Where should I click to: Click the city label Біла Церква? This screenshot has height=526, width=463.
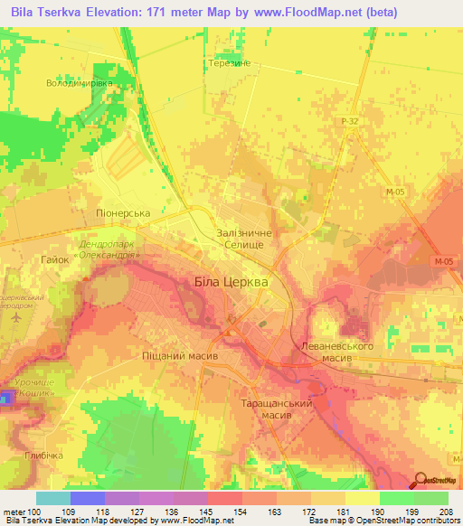[231, 282]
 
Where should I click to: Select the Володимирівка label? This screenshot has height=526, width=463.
[80, 83]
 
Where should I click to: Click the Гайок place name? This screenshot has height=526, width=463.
[55, 258]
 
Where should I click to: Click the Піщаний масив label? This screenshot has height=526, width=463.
[180, 356]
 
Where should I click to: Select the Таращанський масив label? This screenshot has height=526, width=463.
[276, 409]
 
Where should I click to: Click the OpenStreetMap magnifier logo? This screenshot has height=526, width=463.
[421, 480]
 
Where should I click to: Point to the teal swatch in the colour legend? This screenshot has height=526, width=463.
[53, 498]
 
